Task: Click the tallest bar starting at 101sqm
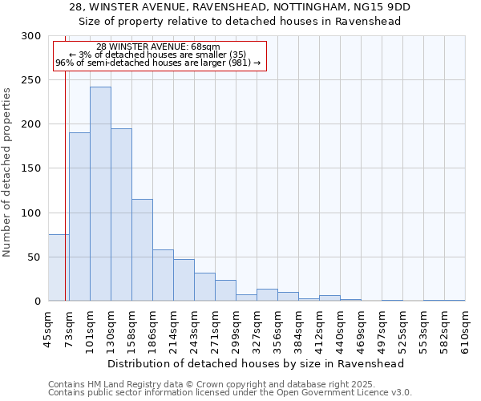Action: click(100, 194)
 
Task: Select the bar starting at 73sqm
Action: click(79, 217)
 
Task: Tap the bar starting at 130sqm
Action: click(121, 215)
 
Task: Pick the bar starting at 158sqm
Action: click(142, 250)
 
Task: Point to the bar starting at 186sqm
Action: click(163, 275)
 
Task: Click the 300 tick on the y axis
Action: click(31, 36)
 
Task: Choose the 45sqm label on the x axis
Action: click(49, 329)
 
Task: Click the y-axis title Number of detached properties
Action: click(8, 172)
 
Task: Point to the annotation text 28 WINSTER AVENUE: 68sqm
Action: click(158, 47)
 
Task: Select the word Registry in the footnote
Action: click(130, 384)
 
